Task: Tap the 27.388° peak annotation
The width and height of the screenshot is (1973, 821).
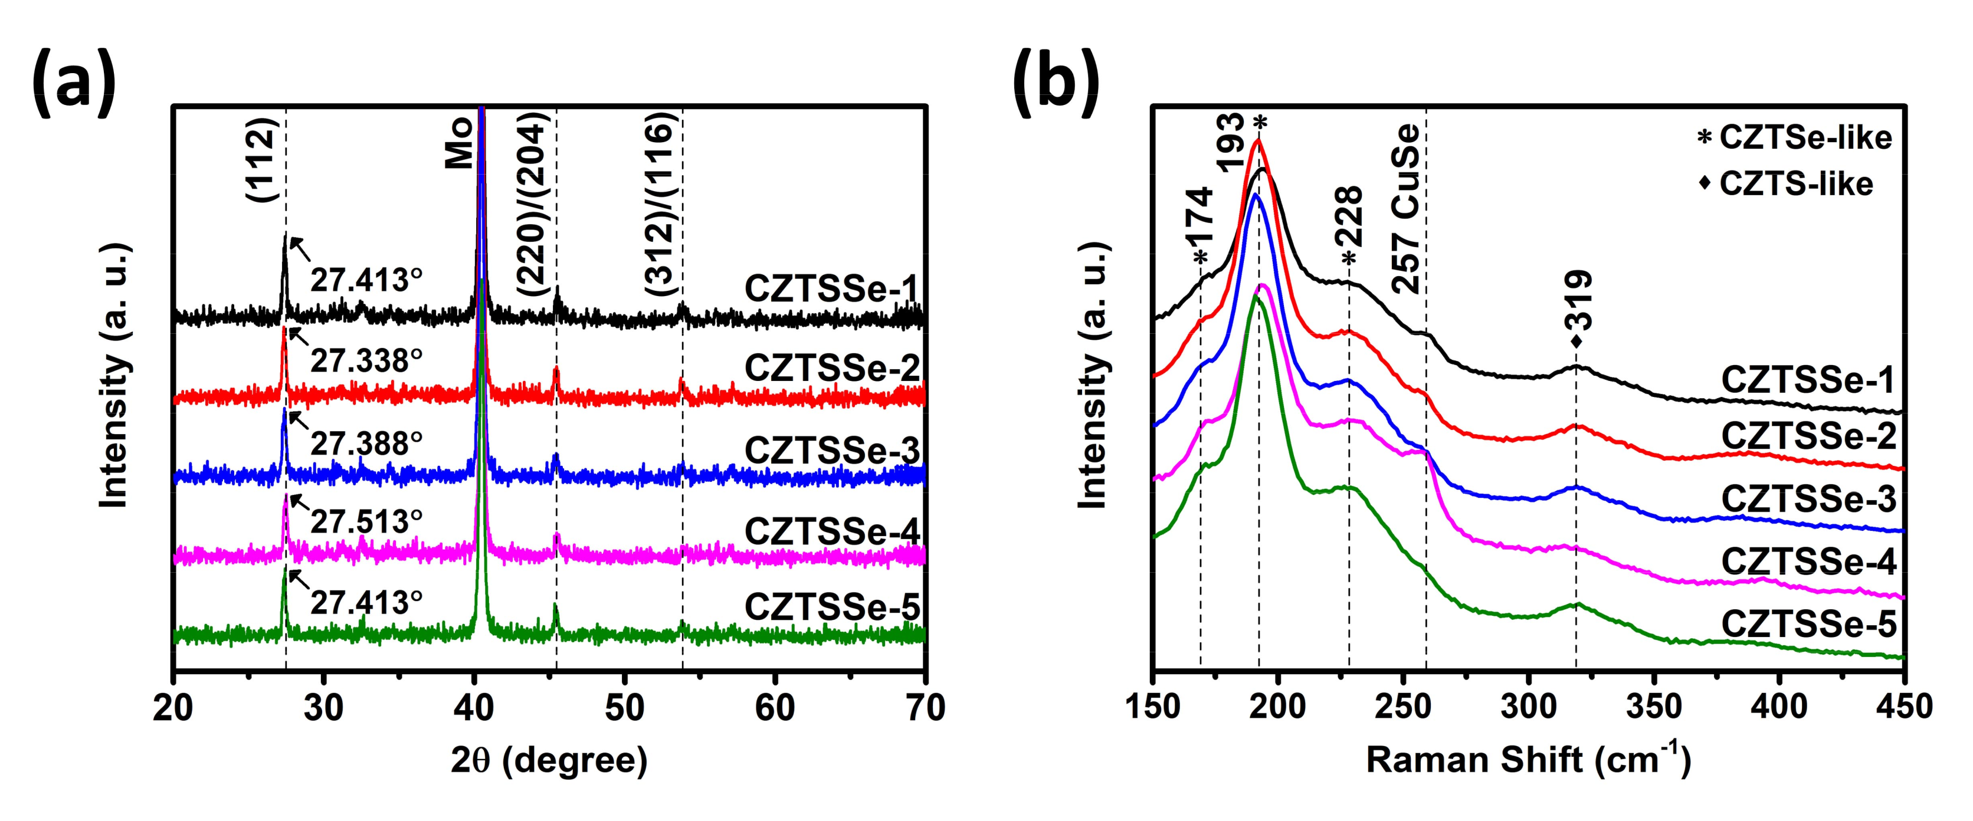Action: point(366,444)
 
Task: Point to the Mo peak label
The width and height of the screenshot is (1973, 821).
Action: point(458,144)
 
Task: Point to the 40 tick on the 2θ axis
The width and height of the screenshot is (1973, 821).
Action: point(475,708)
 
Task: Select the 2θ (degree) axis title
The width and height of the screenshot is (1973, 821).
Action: point(549,760)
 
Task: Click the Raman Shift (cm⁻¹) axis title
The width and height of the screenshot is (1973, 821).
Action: point(1528,760)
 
